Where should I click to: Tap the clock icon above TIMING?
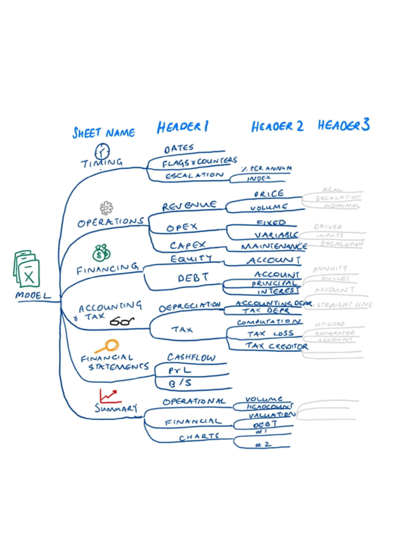coord(102,151)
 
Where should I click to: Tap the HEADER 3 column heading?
coord(344,125)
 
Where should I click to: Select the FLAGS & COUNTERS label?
coord(199,162)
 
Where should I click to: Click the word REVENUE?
coord(189,206)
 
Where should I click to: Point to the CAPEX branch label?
coord(187,245)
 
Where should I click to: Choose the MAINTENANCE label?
coord(274,246)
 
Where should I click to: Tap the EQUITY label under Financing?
coord(191,259)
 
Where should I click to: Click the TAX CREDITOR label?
coord(277,346)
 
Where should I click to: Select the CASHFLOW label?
coord(191,357)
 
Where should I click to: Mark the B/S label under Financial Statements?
coord(180,383)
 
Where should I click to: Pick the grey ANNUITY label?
coord(330,269)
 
